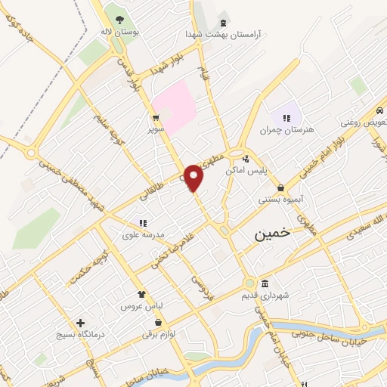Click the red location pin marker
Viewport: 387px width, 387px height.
pyautogui.click(x=193, y=178)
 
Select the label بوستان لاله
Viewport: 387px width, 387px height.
pyautogui.click(x=118, y=32)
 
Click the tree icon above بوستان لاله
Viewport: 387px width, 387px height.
pyautogui.click(x=118, y=17)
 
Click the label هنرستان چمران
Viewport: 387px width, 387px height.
pyautogui.click(x=287, y=130)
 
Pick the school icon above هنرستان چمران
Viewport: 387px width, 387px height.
pyautogui.click(x=286, y=117)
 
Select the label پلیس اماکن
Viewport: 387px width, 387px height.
pyautogui.click(x=246, y=171)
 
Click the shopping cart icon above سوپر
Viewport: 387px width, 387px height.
pyautogui.click(x=156, y=118)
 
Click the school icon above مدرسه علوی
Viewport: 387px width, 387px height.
pyautogui.click(x=142, y=223)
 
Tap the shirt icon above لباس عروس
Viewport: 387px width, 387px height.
pyautogui.click(x=141, y=295)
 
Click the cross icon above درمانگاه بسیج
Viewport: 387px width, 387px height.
pyautogui.click(x=80, y=322)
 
